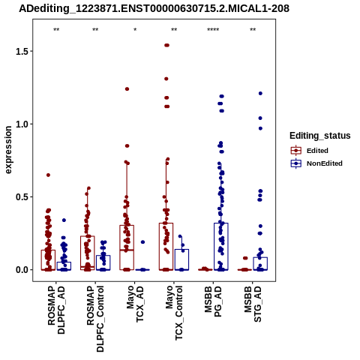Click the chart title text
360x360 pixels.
tap(154, 8)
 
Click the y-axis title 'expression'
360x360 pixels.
tap(8, 150)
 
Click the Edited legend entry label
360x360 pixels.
tap(317, 151)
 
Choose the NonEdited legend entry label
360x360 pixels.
tap(325, 163)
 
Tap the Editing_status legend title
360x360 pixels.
tap(320, 136)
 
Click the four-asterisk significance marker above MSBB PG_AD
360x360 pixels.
tap(213, 30)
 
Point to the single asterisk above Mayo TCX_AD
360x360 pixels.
tap(135, 30)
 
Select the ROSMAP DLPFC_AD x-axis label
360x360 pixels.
tap(56, 310)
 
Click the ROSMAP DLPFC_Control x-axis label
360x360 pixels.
tap(95, 319)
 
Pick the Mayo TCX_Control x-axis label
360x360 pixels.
tap(174, 313)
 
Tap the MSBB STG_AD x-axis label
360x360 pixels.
tap(253, 304)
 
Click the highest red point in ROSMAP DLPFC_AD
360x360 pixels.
tap(48, 175)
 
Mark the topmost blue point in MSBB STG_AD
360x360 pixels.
tap(260, 93)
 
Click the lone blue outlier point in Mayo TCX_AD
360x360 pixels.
tap(142, 242)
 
